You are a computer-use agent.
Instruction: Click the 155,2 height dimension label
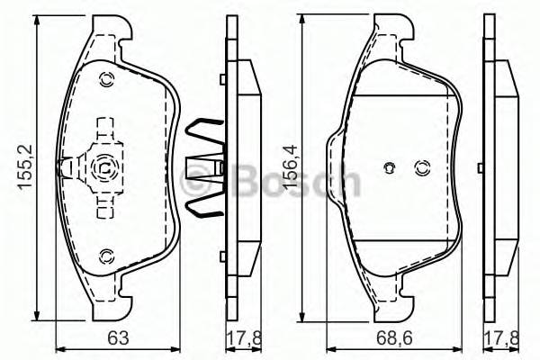(x=26, y=167)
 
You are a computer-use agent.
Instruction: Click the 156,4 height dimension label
(x=291, y=166)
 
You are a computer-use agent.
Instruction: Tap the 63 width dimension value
(x=118, y=337)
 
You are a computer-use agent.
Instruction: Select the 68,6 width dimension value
(x=394, y=338)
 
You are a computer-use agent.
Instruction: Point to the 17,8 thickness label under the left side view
(x=244, y=338)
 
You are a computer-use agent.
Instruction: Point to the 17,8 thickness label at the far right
(x=502, y=338)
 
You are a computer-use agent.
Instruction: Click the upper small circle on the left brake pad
(x=105, y=80)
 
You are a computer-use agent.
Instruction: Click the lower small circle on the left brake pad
(x=105, y=256)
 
